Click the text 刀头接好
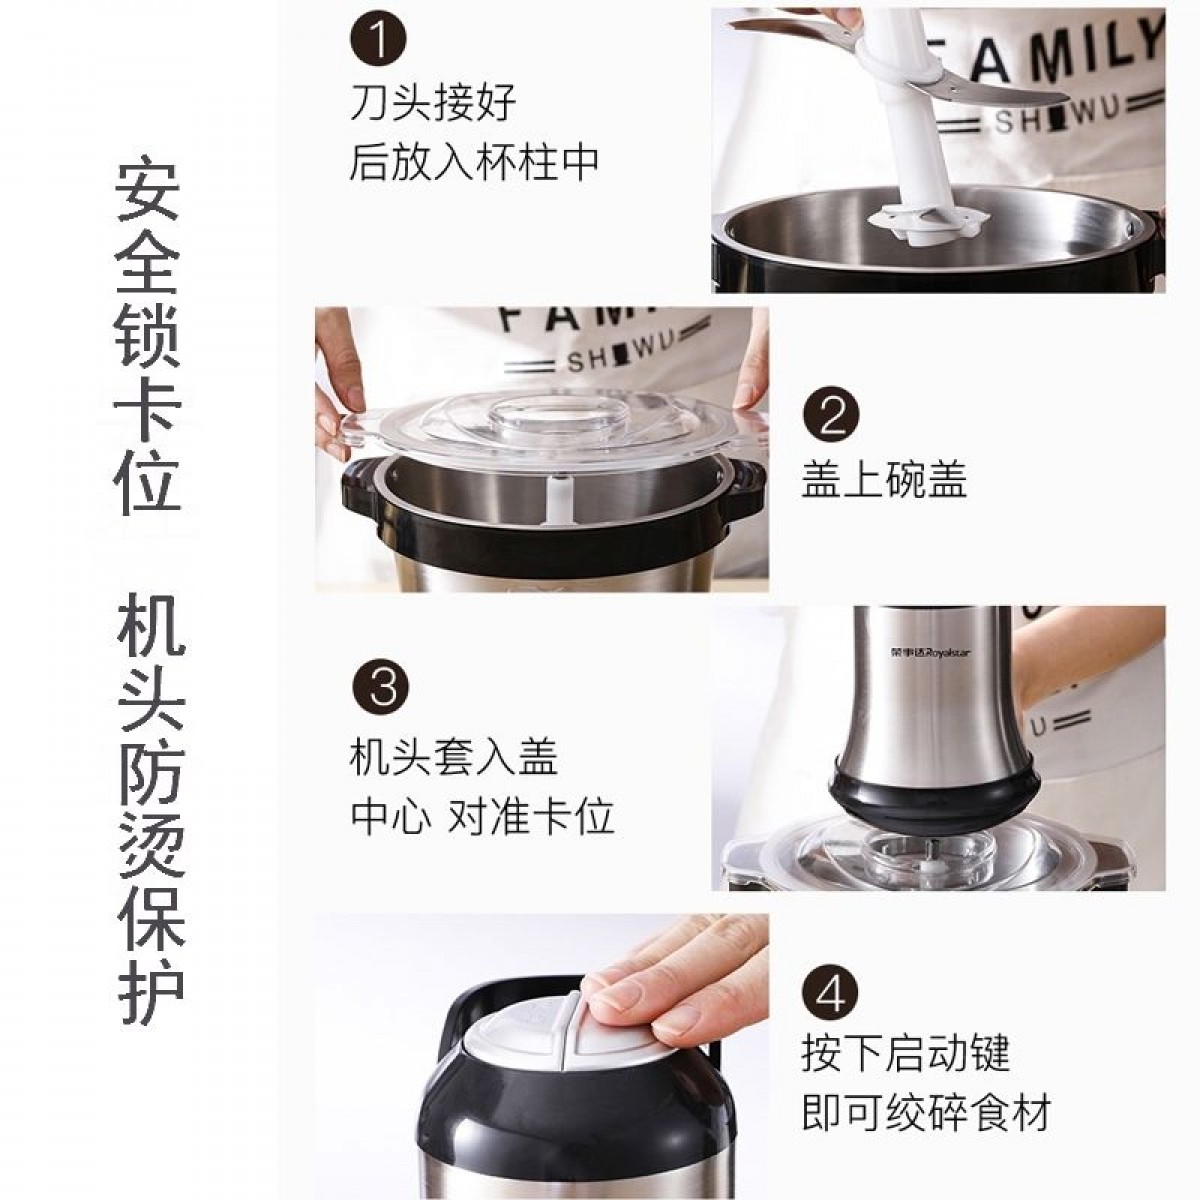point(433,103)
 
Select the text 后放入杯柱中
point(474,162)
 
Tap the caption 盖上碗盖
point(884,480)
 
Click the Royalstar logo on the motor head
point(930,653)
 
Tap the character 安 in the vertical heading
point(148,194)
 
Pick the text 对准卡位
point(531,815)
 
